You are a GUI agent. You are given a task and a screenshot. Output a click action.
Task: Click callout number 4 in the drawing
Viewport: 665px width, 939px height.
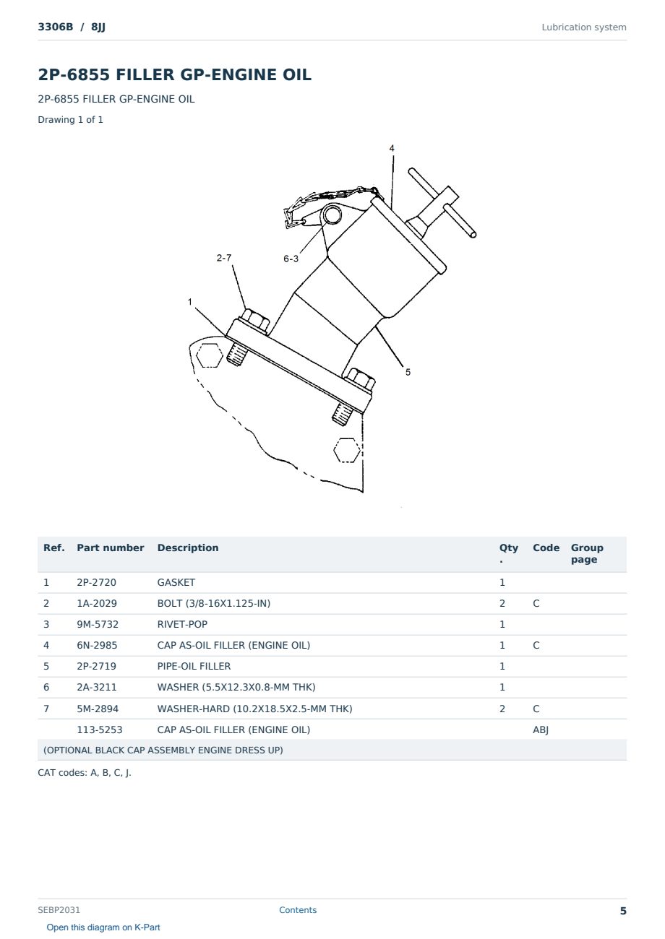point(392,148)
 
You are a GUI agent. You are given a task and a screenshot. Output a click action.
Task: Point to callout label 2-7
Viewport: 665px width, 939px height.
point(223,257)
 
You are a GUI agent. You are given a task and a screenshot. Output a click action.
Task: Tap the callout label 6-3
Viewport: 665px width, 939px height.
point(291,259)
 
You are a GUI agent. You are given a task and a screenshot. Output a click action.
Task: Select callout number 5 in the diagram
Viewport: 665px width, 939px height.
point(408,372)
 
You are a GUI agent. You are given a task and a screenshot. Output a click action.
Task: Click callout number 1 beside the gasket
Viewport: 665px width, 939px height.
point(189,301)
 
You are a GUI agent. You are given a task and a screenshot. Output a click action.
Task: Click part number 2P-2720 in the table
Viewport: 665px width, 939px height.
point(96,582)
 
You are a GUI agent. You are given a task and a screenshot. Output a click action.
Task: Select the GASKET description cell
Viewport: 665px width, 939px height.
point(176,582)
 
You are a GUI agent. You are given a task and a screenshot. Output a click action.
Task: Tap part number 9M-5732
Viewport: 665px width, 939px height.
point(98,624)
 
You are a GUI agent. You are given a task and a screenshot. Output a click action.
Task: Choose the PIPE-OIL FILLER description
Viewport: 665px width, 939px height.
point(194,666)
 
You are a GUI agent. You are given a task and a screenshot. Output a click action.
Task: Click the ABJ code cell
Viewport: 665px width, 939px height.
point(541,730)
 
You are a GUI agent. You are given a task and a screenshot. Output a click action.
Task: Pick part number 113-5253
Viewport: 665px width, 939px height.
point(100,730)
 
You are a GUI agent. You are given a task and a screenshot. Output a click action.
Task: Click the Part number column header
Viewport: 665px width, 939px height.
point(111,548)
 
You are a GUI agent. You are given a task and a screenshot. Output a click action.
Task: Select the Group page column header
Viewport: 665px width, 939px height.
point(587,553)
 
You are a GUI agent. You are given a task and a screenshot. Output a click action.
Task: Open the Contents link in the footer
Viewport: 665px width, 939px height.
point(298,909)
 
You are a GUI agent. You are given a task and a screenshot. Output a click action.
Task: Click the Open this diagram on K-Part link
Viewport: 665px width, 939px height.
point(103,927)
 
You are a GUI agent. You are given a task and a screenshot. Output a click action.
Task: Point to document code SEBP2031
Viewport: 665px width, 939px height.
point(59,909)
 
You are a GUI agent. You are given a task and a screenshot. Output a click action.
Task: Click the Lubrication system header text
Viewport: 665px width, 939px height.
point(584,27)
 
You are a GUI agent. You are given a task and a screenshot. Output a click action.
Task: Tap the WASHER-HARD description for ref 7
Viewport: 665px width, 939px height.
point(254,709)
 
